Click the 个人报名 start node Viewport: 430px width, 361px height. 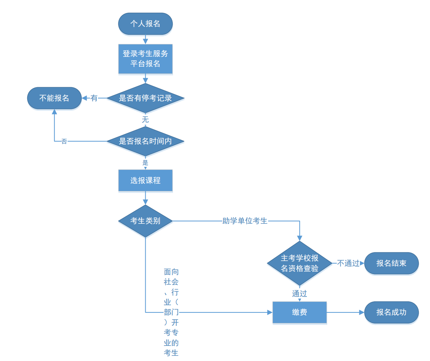tap(145, 24)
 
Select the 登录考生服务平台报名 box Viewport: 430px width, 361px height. tap(145, 59)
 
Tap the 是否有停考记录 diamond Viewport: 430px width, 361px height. tap(145, 98)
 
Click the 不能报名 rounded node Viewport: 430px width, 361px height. tap(54, 98)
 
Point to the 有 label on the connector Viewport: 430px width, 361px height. tap(94, 98)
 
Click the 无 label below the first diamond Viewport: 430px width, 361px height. tap(145, 120)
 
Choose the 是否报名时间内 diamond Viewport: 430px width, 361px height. tap(145, 141)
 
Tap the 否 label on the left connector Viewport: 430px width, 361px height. tap(64, 141)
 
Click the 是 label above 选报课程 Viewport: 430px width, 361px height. tap(145, 163)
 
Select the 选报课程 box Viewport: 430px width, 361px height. tap(145, 180)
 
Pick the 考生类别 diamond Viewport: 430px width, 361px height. tap(145, 221)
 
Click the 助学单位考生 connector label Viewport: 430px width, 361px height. tap(245, 221)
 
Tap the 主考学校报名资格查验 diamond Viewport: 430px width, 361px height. tap(299, 263)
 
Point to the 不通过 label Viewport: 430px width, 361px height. tap(348, 263)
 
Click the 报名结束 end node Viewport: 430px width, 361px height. tap(391, 263)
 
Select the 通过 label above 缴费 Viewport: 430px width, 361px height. tap(299, 294)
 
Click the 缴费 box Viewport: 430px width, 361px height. tap(299, 312)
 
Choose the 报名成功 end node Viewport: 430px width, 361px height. tap(391, 312)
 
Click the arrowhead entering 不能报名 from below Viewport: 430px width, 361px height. tap(54, 112)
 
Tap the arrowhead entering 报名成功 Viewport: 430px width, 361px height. tap(362, 312)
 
